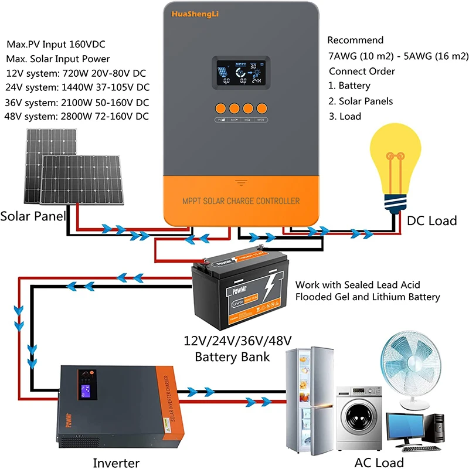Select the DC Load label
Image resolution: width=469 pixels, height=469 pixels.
(x=431, y=221)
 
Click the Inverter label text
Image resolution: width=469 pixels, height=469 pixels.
(x=116, y=463)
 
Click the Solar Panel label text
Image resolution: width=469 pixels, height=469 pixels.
(x=32, y=216)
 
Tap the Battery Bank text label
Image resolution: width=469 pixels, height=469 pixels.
(x=232, y=357)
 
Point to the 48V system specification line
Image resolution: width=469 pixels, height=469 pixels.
(x=77, y=116)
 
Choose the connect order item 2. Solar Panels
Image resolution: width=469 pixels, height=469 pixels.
(x=361, y=101)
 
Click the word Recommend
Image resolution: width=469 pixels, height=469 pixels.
(x=355, y=40)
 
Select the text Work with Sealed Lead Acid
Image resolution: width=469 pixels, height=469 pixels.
(x=358, y=285)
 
